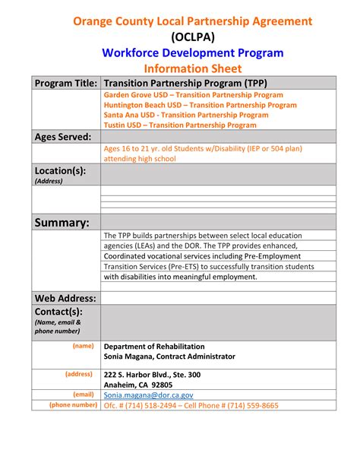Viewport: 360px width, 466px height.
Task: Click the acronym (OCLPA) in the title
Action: [193, 36]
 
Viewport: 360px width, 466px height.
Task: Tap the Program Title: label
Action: [65, 83]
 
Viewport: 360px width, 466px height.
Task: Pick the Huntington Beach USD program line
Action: [200, 105]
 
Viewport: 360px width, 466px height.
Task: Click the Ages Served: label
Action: [63, 137]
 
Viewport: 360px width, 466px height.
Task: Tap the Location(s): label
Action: [61, 171]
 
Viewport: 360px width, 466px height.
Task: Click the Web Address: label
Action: [65, 298]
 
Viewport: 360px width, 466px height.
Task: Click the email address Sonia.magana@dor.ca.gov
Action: [149, 395]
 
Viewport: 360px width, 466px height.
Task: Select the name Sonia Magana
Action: [130, 357]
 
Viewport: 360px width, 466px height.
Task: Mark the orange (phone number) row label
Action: [73, 405]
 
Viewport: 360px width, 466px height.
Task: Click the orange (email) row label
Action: [84, 395]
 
